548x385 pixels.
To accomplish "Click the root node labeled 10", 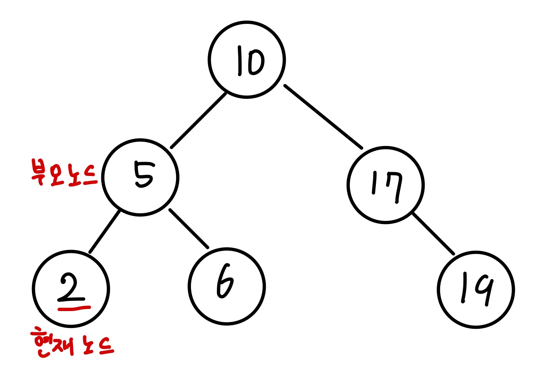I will (246, 60).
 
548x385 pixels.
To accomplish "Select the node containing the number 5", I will (140, 177).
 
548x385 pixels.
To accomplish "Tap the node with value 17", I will (385, 185).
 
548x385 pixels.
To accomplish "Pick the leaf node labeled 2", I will (71, 289).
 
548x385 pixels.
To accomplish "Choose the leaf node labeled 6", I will (227, 286).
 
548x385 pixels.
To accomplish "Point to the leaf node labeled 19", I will (476, 290).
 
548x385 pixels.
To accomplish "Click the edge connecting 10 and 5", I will (198, 121).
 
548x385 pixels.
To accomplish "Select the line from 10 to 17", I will (323, 117).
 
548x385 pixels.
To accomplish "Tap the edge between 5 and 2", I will (105, 232).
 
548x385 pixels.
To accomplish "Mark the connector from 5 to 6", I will (189, 229).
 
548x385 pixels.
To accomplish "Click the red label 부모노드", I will (64, 173).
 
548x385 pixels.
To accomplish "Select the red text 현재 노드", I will (72, 342).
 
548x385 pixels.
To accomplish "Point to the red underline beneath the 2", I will (74, 308).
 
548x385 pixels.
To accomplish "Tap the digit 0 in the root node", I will (255, 62).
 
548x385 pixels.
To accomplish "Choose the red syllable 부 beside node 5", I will (39, 172).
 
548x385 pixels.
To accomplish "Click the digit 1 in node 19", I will (464, 288).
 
